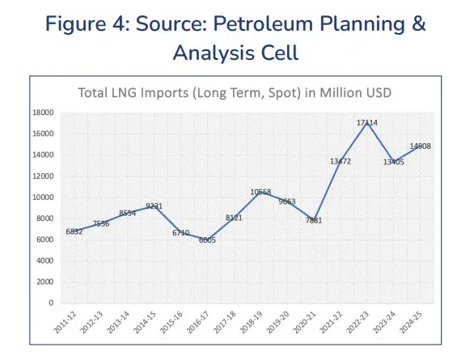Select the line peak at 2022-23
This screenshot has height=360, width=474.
[x=368, y=121]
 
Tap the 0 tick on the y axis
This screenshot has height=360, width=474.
[x=52, y=303]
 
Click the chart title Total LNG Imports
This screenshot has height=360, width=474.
[x=235, y=92]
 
